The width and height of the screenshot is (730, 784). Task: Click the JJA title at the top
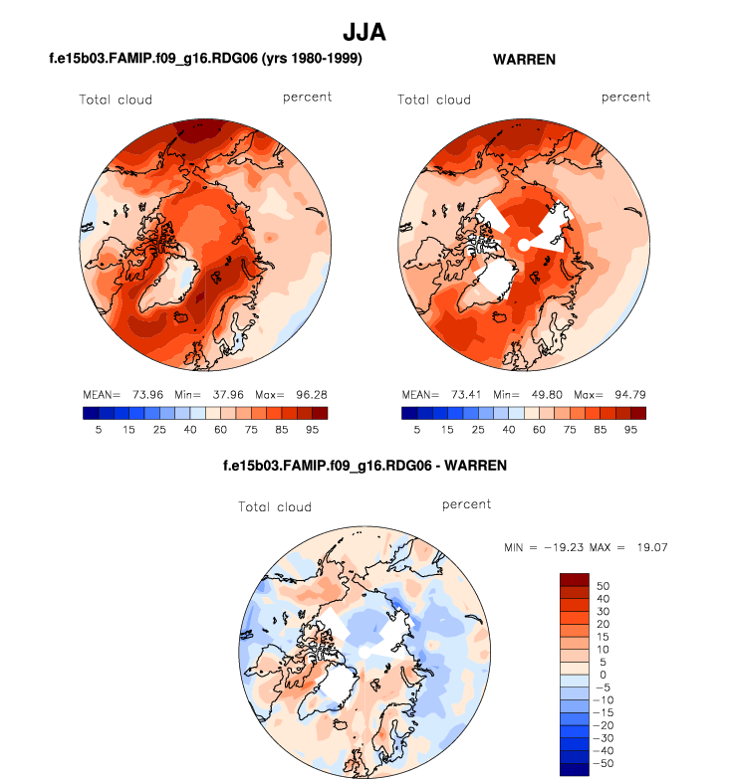[364, 32]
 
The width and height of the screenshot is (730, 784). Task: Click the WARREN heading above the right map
[524, 60]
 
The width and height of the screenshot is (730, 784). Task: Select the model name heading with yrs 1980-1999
[204, 60]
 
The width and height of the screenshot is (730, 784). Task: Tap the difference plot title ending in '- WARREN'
[365, 466]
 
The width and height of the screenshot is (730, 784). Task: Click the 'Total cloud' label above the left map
[117, 99]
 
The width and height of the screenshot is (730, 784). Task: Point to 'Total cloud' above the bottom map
[275, 507]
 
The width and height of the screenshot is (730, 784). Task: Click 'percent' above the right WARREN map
[625, 97]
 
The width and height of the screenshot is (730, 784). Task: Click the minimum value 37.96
[212, 394]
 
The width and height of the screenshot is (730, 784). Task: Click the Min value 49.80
[531, 394]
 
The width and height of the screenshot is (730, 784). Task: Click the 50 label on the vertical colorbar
[604, 586]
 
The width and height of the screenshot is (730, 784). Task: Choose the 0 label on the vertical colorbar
[601, 675]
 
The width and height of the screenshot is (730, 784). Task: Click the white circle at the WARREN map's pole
[524, 245]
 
